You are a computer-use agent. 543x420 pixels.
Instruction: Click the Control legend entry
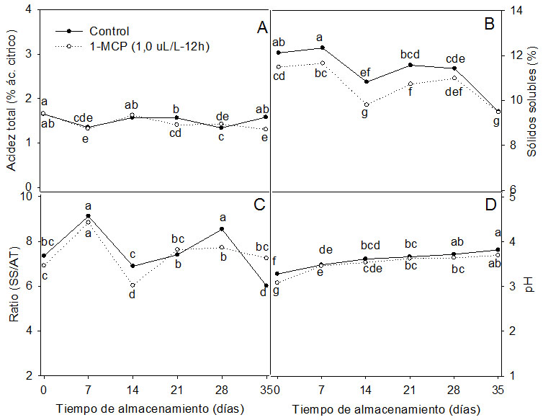pyautogui.click(x=109, y=31)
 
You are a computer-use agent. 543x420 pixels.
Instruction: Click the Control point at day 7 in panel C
pyautogui.click(x=88, y=216)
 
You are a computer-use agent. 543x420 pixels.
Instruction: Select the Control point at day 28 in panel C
pyautogui.click(x=222, y=229)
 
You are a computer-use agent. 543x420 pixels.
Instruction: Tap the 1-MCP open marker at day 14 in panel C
pyautogui.click(x=132, y=285)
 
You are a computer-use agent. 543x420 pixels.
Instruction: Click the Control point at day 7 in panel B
pyautogui.click(x=322, y=48)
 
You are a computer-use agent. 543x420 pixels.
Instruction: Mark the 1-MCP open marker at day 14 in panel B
pyautogui.click(x=366, y=104)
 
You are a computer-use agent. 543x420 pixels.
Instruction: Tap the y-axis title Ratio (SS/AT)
pyautogui.click(x=12, y=285)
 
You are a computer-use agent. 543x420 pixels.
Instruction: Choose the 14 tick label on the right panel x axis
pyautogui.click(x=366, y=393)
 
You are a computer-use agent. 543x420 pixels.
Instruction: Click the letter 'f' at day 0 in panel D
pyautogui.click(x=274, y=262)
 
